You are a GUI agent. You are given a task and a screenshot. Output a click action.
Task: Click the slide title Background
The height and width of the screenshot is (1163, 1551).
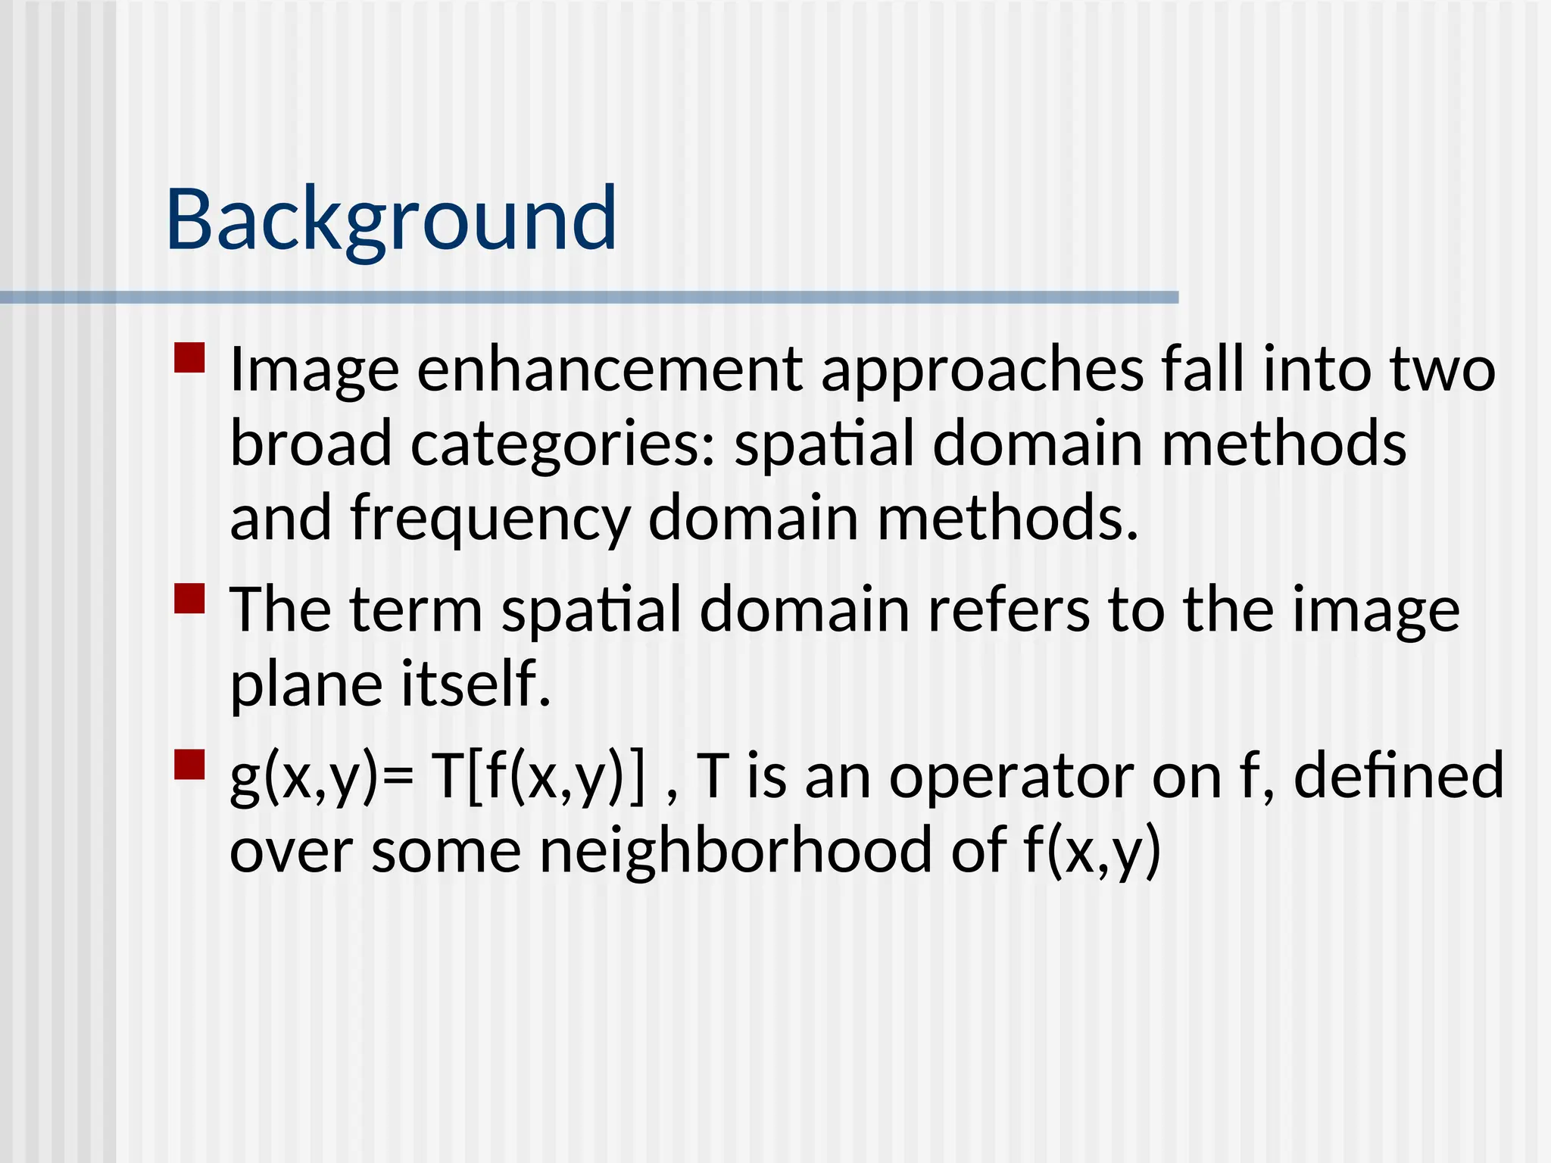391,220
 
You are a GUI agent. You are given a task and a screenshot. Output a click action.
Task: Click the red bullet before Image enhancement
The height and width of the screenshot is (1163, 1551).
189,358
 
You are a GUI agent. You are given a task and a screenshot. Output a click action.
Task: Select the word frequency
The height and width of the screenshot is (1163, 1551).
490,518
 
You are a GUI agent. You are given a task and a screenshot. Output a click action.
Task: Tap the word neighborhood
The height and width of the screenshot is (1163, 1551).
735,850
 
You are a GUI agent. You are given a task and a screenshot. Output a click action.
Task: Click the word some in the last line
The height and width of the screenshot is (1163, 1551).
446,851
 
